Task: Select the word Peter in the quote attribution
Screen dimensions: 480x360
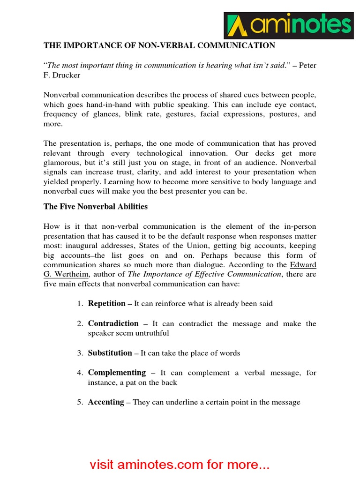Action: (307, 65)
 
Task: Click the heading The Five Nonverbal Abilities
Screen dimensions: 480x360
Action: (96, 206)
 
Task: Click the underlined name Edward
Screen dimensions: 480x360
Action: (303, 265)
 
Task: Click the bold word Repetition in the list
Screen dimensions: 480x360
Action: (106, 303)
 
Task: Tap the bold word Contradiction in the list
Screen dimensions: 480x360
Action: (113, 323)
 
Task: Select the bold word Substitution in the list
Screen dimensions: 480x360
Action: (110, 352)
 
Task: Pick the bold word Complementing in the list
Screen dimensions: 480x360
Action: (117, 372)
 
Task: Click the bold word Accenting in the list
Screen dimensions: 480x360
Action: (106, 402)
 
